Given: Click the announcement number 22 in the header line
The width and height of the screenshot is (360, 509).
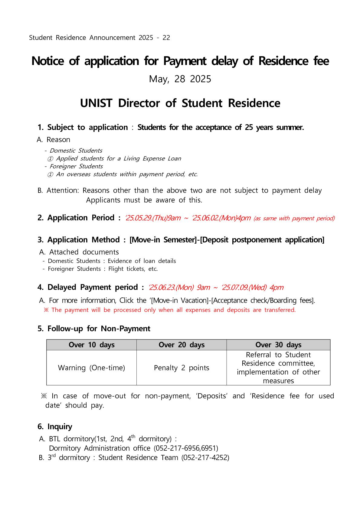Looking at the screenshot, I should click(166, 38).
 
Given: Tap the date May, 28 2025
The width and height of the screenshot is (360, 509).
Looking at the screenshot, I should click(180, 79).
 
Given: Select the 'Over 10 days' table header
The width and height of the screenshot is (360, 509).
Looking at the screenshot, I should click(91, 345).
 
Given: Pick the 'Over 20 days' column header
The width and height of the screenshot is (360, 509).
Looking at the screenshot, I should click(182, 345).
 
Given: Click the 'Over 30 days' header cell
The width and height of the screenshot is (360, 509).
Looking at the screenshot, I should click(278, 345).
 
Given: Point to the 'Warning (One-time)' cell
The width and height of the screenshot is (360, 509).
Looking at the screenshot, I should click(91, 368).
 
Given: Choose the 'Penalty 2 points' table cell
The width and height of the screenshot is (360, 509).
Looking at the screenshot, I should click(182, 368).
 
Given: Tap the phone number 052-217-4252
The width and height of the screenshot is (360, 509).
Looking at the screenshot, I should click(205, 458).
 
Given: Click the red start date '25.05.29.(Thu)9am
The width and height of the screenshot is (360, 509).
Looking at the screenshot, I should click(153, 218).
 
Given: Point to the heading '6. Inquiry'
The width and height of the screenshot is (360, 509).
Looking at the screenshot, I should click(55, 427).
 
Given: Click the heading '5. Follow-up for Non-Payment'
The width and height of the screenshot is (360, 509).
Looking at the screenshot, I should click(94, 329).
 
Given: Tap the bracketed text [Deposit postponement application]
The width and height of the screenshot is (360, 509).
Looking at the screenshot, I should click(262, 240).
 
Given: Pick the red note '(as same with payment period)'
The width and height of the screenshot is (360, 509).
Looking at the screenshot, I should click(294, 219).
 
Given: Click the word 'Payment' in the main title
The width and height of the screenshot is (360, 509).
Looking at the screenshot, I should click(185, 61).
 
